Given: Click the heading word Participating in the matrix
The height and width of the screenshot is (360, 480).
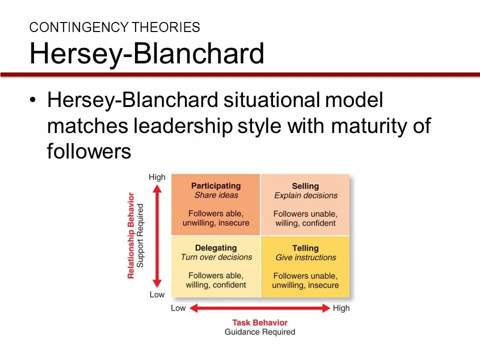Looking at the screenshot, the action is point(216,186).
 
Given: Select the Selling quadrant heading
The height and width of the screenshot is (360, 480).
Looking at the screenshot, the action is point(305,186).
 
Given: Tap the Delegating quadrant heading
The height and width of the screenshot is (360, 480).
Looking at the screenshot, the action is point(216,248).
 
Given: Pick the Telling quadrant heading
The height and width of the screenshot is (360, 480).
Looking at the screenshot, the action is point(305,248).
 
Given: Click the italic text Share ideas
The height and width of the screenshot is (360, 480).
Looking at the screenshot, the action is point(216,195).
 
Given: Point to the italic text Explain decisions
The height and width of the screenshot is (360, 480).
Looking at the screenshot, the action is point(305,195).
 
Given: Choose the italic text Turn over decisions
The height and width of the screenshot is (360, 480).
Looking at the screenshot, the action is point(216,257).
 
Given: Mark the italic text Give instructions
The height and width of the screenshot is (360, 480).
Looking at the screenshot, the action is point(305,257).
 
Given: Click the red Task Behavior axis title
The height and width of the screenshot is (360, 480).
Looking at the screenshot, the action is point(260,322).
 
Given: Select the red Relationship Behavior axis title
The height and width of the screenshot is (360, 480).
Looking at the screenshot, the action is point(131,235).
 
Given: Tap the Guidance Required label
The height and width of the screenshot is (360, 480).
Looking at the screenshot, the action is point(260,332).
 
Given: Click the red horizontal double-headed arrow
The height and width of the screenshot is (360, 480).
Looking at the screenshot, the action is point(260,308).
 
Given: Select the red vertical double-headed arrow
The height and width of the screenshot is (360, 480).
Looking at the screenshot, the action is point(157,235).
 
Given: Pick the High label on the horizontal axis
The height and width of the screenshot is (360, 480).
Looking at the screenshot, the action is point(341,308).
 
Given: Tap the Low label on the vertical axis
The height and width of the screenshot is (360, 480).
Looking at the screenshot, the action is point(157,294).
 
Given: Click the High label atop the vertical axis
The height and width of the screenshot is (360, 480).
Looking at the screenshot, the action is point(157,177).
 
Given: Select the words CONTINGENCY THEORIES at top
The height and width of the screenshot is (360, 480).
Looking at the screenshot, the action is point(114,27).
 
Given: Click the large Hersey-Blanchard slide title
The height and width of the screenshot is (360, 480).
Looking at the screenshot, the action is point(146,54).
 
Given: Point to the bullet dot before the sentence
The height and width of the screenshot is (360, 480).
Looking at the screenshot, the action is point(33,100).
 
